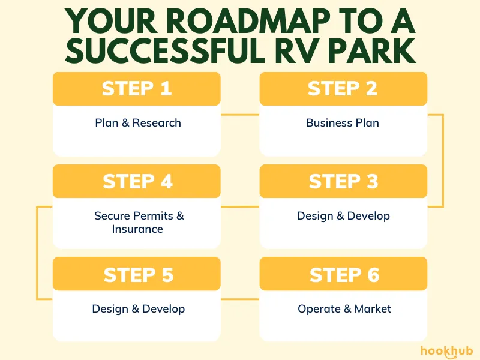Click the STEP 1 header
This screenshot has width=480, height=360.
point(137,88)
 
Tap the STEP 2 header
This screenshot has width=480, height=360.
point(343,88)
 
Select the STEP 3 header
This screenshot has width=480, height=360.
point(343,181)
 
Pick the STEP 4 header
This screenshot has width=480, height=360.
point(137,181)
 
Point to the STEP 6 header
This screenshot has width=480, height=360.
point(344,275)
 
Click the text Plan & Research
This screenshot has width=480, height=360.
point(138,123)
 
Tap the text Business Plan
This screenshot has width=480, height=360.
point(343,123)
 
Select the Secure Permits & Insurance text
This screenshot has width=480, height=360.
point(139,222)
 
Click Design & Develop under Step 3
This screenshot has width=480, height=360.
point(343,216)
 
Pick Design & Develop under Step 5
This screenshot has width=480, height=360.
point(139,309)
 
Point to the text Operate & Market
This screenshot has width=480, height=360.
point(344,309)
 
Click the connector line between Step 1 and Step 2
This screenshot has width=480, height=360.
point(240,114)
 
